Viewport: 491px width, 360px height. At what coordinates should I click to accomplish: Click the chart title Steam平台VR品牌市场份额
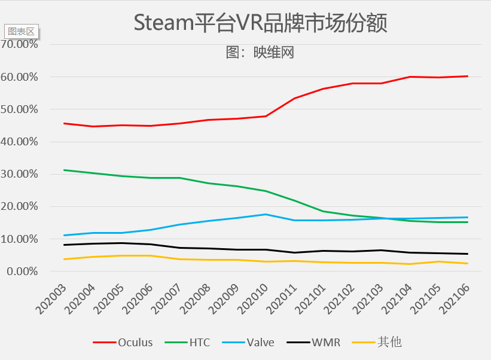click(260, 23)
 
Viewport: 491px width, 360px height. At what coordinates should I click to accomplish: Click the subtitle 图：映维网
click(260, 53)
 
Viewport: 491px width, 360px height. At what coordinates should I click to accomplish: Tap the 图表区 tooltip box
click(21, 31)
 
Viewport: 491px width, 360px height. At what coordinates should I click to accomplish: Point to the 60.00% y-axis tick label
click(20, 77)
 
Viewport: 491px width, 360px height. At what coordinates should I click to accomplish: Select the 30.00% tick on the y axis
click(20, 174)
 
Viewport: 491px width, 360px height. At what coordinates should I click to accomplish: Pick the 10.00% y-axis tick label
click(20, 239)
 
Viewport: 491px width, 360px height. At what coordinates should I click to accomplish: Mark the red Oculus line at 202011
click(294, 98)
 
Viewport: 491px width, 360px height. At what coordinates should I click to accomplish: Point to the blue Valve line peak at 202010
click(266, 214)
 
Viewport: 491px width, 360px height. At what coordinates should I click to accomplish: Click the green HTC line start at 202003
click(63, 170)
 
